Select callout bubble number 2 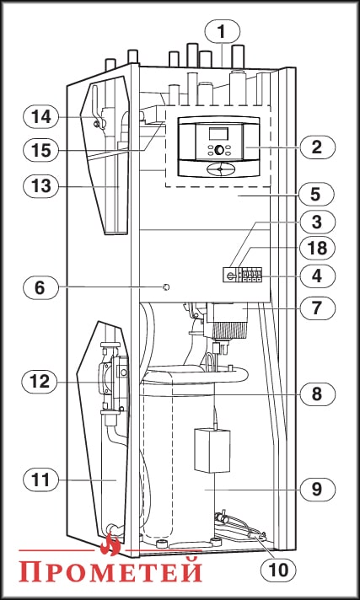pos(316,147)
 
